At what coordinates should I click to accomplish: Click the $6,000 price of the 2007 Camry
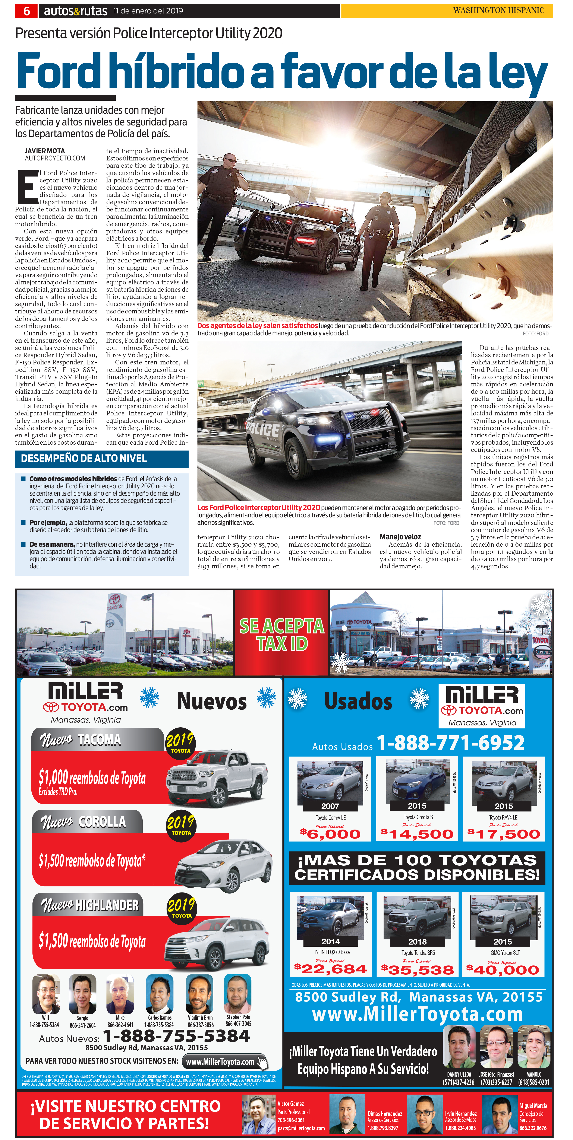[330, 834]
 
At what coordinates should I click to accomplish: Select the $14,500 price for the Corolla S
[417, 834]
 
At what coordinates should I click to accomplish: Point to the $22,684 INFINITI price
[330, 969]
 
